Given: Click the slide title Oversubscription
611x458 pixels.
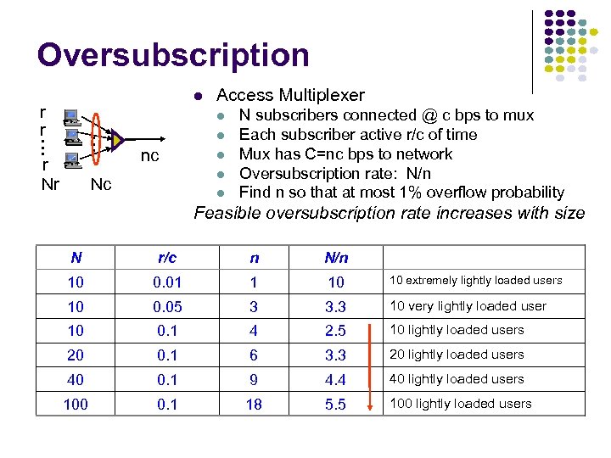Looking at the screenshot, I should (x=173, y=55).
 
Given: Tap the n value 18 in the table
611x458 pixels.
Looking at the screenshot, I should (x=253, y=405).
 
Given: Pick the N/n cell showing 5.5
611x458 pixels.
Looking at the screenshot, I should (x=335, y=405).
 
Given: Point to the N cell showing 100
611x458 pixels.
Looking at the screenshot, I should (x=76, y=405).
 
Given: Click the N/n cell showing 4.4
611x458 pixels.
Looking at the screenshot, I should (x=335, y=380).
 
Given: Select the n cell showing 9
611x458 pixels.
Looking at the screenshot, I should (x=253, y=380).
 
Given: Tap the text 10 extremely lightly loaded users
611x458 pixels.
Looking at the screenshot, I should (x=475, y=281).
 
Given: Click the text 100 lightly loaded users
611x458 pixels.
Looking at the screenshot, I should (x=460, y=404).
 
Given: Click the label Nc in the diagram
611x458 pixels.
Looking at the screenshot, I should (x=100, y=184).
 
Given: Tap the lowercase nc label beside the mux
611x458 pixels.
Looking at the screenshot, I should (x=149, y=156).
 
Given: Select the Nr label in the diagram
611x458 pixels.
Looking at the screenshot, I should (x=50, y=184).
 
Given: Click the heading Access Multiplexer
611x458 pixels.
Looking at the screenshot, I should (x=290, y=95).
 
